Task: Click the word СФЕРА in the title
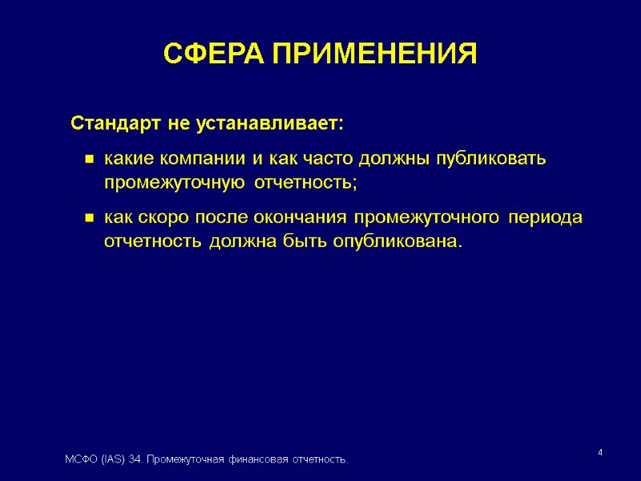[212, 55]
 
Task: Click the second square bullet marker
[91, 218]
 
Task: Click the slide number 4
[600, 455]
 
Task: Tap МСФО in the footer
[79, 459]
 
